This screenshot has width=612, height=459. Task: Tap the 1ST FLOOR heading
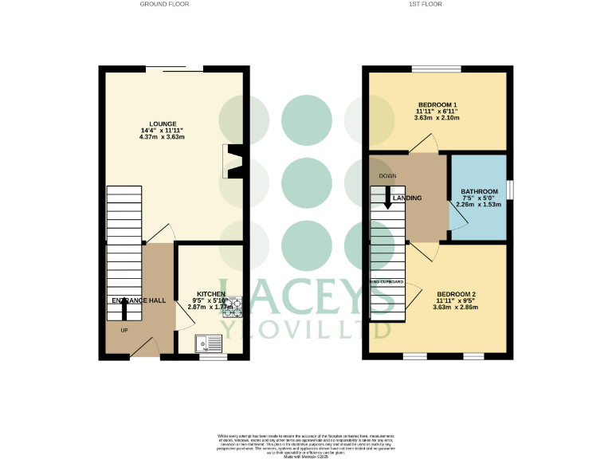coord(426,4)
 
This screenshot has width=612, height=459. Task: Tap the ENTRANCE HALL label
coord(139,300)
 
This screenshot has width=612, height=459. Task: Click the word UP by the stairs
coord(124,330)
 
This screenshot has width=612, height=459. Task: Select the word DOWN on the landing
coord(388,176)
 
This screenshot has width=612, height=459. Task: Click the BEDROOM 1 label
coord(437,105)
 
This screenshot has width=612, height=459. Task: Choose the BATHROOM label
coord(479,191)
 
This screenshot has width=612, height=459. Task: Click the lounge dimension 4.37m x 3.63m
coord(162,137)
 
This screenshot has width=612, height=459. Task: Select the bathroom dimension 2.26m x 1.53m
coord(478,204)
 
